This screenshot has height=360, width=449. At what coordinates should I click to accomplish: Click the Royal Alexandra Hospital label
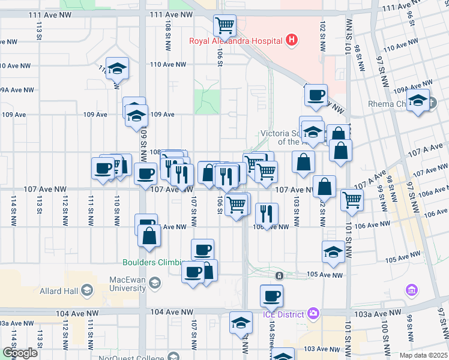[x=235, y=41]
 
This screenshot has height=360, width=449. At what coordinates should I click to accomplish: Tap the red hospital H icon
[x=292, y=40]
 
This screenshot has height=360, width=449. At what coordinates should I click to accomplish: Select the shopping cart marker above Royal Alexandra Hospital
[x=224, y=26]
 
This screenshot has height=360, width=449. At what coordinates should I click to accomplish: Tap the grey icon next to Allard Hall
[x=87, y=291]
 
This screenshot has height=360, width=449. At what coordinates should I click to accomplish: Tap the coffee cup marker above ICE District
[x=271, y=295]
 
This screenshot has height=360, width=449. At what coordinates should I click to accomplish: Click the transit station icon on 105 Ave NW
[x=279, y=275]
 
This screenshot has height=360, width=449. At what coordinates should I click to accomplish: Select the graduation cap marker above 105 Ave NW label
[x=333, y=252]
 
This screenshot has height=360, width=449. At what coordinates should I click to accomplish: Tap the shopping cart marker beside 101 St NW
[x=352, y=199]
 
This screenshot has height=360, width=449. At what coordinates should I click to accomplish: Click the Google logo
[x=20, y=353]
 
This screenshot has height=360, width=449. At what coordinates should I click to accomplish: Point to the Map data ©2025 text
[x=423, y=356]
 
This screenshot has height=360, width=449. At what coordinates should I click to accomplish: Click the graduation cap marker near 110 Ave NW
[x=118, y=68]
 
